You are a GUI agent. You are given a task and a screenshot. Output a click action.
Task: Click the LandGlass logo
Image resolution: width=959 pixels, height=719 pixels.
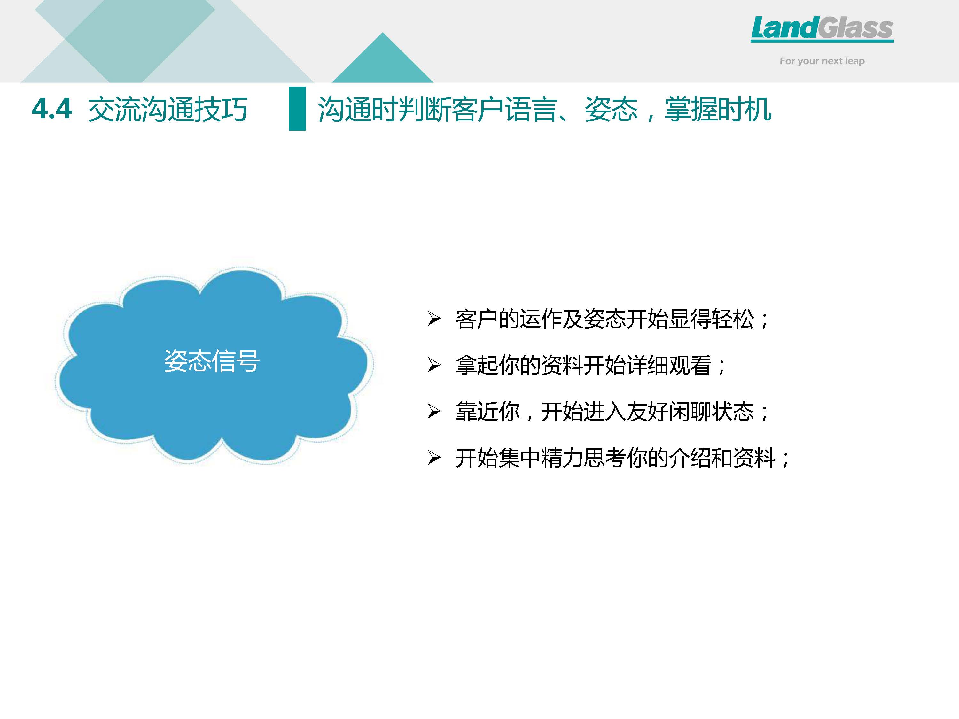click(x=822, y=29)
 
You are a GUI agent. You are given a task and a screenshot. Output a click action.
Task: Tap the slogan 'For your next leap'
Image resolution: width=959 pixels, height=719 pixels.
click(x=822, y=61)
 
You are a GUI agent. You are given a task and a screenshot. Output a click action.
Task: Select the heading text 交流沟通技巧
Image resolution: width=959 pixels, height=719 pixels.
click(x=168, y=109)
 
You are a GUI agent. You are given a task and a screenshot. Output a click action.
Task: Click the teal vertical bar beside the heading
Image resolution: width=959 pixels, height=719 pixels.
click(x=297, y=108)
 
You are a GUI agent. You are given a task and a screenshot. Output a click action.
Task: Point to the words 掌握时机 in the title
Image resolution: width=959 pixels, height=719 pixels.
click(x=718, y=109)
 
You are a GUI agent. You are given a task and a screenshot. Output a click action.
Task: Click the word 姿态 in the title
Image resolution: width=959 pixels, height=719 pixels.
click(x=611, y=109)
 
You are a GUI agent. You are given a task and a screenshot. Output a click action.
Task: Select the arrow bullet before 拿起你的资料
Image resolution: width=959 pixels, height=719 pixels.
click(x=434, y=365)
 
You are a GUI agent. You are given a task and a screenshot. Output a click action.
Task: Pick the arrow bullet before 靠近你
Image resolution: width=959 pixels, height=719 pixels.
click(x=434, y=411)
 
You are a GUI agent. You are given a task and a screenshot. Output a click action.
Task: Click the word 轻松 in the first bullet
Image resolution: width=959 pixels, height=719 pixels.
click(x=733, y=320)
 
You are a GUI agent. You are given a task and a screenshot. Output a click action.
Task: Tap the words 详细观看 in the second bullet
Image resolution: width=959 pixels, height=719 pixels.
click(x=669, y=365)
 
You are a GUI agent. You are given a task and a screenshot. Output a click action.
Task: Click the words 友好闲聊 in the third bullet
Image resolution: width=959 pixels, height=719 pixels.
click(x=669, y=412)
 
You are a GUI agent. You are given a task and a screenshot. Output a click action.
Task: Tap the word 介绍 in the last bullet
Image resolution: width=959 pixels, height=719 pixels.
click(x=690, y=458)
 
